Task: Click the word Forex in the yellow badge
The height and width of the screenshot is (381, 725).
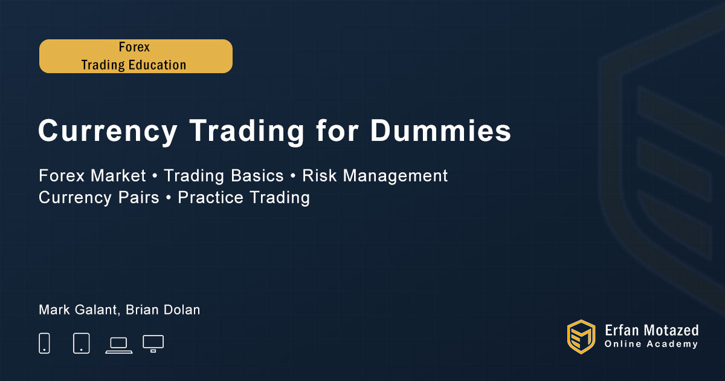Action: tap(134, 47)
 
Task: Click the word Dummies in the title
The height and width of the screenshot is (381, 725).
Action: tap(440, 131)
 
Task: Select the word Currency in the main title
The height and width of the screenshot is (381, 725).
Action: tap(108, 132)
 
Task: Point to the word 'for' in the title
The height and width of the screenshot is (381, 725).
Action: tap(337, 130)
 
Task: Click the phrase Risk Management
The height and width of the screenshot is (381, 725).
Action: tap(375, 176)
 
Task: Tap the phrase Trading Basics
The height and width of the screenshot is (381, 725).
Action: tap(224, 175)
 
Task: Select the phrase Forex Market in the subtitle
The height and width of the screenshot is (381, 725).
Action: tap(92, 175)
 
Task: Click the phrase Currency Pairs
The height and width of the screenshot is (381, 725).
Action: tap(99, 197)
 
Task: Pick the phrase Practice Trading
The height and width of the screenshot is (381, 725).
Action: tap(243, 198)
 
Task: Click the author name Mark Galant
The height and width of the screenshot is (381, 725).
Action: tap(77, 310)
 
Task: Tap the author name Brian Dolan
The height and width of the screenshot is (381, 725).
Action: tap(163, 310)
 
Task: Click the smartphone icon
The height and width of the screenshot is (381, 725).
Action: tap(44, 343)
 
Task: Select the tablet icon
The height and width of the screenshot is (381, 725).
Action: tap(81, 343)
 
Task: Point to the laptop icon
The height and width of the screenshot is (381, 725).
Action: tap(119, 345)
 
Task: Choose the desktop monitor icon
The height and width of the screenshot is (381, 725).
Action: tap(153, 344)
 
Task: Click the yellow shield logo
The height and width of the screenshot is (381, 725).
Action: tap(581, 337)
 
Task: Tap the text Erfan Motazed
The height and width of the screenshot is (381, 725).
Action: tap(651, 331)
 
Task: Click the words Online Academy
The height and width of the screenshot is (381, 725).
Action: tap(651, 344)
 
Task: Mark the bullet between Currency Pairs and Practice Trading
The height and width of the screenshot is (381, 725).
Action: tap(169, 197)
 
